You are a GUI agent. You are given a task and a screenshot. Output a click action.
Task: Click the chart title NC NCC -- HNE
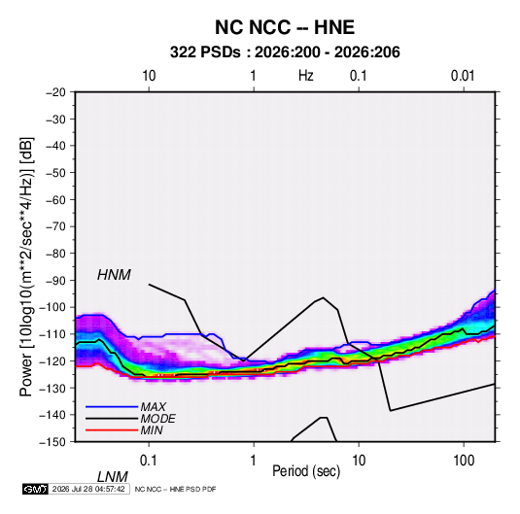pyautogui.click(x=285, y=27)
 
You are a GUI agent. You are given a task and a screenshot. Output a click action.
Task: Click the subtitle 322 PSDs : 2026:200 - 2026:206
pyautogui.click(x=285, y=52)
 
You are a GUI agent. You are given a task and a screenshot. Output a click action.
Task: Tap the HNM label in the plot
pyautogui.click(x=114, y=275)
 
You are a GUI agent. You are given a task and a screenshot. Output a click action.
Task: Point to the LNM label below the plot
pyautogui.click(x=113, y=477)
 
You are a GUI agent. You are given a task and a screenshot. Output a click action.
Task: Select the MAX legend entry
pyautogui.click(x=153, y=406)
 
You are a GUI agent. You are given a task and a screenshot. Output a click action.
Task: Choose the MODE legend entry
pyautogui.click(x=157, y=419)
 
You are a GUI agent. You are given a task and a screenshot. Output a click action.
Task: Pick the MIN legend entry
pyautogui.click(x=152, y=430)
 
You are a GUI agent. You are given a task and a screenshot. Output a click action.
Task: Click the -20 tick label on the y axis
pyautogui.click(x=56, y=92)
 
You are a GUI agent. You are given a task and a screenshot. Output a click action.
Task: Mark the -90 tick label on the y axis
pyautogui.click(x=56, y=281)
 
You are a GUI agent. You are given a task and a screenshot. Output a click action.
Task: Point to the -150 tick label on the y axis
pyautogui.click(x=52, y=442)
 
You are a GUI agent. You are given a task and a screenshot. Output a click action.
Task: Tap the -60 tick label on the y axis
pyautogui.click(x=56, y=199)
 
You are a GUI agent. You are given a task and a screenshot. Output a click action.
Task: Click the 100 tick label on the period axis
pyautogui.click(x=464, y=461)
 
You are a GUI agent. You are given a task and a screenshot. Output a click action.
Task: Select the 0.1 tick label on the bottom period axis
pyautogui.click(x=149, y=461)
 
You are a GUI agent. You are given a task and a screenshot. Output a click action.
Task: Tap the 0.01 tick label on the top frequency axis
pyautogui.click(x=463, y=76)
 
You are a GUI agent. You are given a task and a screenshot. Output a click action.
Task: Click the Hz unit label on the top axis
pyautogui.click(x=306, y=76)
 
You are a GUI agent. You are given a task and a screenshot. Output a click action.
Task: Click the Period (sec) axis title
pyautogui.click(x=306, y=471)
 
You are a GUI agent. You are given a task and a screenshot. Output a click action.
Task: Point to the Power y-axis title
pyautogui.click(x=26, y=266)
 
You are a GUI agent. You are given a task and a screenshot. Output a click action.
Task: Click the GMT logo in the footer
pyautogui.click(x=35, y=489)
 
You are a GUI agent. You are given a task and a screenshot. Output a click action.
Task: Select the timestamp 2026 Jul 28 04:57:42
pyautogui.click(x=88, y=489)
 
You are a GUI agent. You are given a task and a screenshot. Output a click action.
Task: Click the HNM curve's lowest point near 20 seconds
pyautogui.click(x=391, y=411)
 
